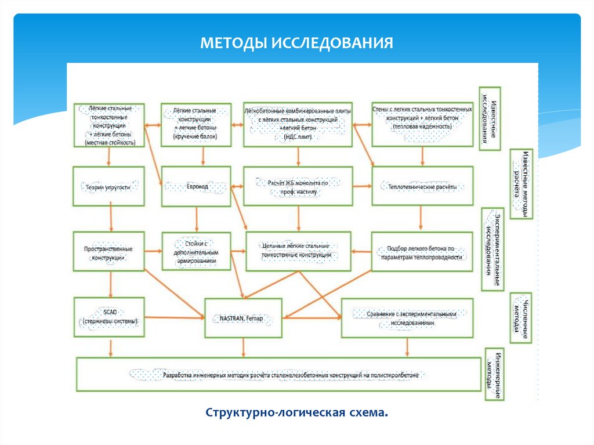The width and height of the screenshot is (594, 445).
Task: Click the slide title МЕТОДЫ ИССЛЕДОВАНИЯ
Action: click(296, 43)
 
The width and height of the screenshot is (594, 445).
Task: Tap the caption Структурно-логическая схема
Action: click(296, 412)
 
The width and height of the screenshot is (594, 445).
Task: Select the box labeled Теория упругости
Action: click(108, 186)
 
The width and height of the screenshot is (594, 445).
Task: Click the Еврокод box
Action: click(197, 186)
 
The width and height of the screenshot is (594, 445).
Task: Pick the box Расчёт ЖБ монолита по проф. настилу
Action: click(298, 186)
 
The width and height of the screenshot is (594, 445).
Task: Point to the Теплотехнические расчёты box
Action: click(422, 186)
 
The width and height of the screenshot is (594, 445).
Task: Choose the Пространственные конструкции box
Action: click(108, 251)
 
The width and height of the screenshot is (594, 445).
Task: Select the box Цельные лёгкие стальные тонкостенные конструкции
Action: click(298, 251)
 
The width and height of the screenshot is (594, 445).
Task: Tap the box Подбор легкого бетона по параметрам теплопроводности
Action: click(422, 251)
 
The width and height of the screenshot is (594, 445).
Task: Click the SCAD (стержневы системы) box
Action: click(108, 317)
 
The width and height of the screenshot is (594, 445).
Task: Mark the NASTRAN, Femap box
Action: click(243, 318)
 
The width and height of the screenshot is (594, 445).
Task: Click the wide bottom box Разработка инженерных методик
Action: click(278, 375)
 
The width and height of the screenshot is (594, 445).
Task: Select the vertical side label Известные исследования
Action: click(489, 119)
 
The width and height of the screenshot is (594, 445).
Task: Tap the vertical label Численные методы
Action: click(520, 317)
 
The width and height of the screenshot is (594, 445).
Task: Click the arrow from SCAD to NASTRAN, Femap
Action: click(174, 317)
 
